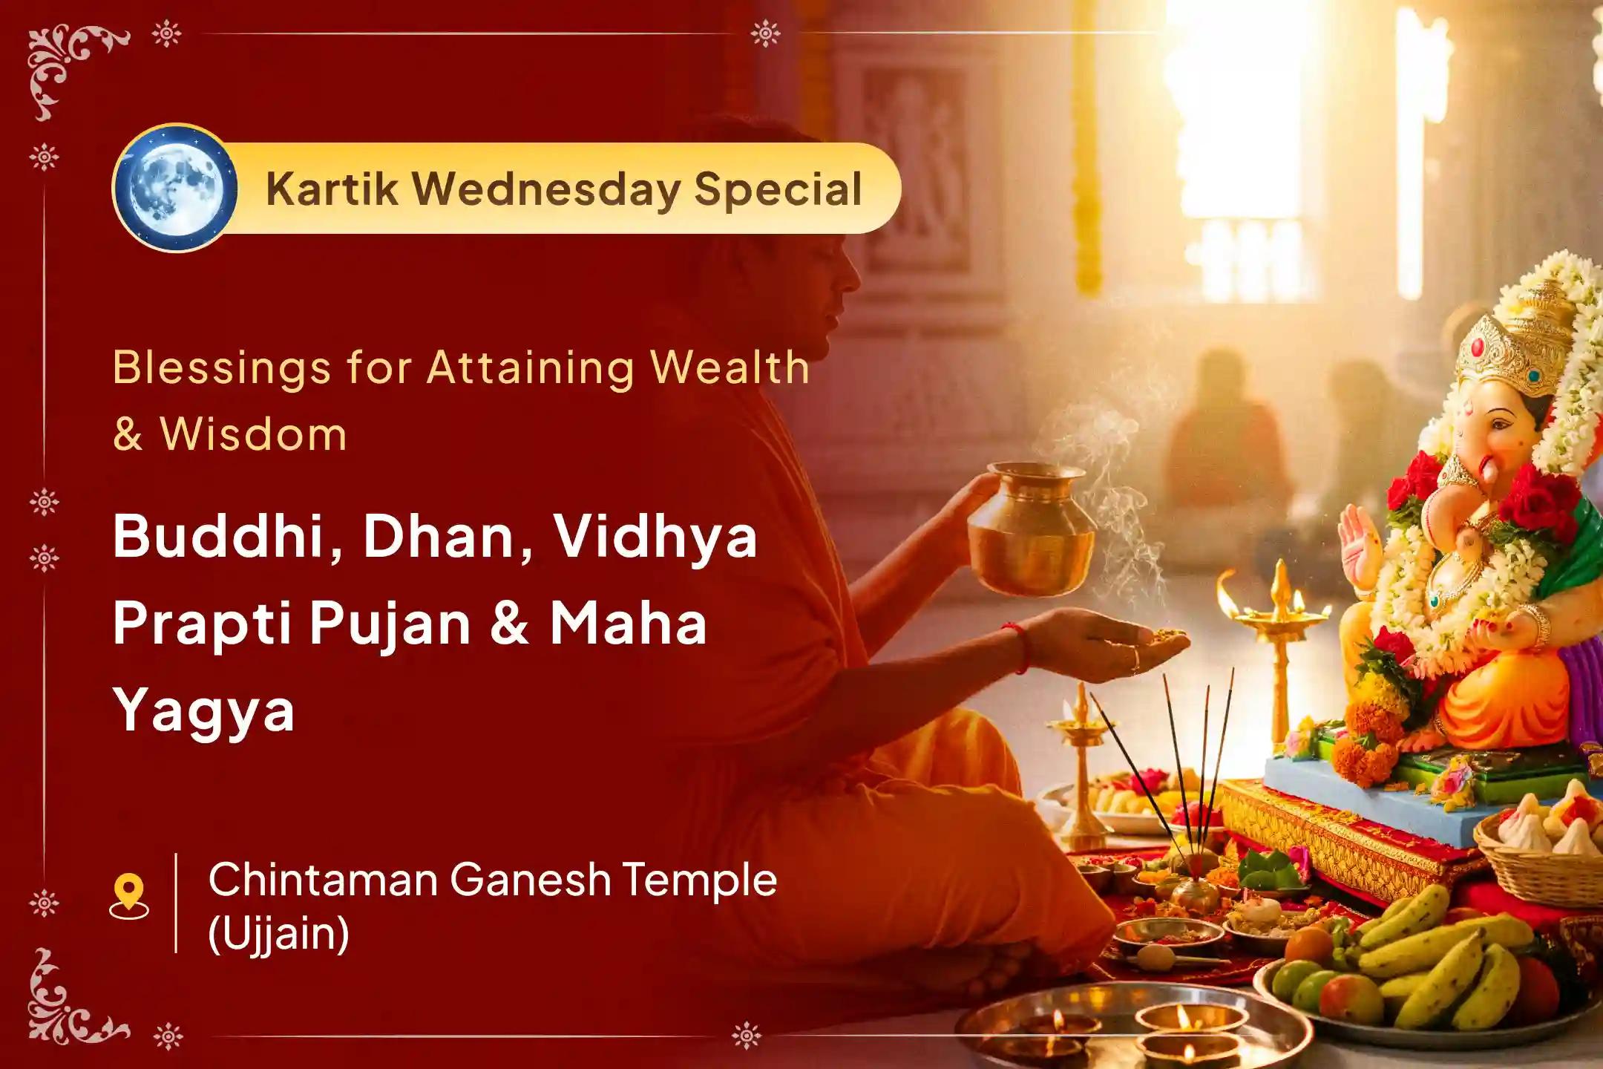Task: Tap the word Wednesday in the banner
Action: [546, 189]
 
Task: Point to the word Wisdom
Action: [252, 434]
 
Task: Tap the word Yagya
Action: [204, 711]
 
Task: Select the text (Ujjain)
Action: [278, 933]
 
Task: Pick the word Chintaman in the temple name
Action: [324, 880]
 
